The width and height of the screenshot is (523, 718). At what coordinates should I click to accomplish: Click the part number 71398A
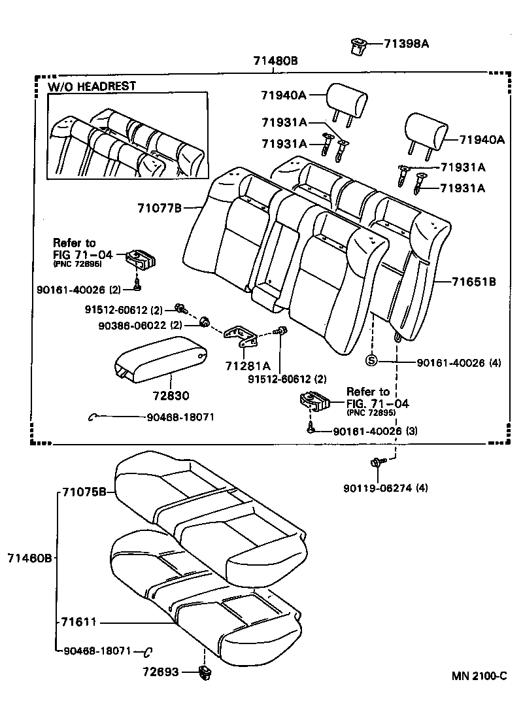(406, 44)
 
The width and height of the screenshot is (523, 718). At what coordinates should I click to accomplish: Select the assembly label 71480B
(275, 61)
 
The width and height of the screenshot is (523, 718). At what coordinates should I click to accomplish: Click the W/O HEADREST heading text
(92, 86)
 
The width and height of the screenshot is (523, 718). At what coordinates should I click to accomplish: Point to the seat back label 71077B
(159, 208)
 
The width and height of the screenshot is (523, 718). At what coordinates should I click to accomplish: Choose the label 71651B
(474, 282)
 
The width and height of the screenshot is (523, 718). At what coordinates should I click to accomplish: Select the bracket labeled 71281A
(239, 336)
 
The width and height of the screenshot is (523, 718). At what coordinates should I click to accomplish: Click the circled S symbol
(371, 360)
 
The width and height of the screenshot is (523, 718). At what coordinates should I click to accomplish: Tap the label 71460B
(29, 558)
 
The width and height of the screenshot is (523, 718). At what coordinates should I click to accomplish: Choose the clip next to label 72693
(204, 672)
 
